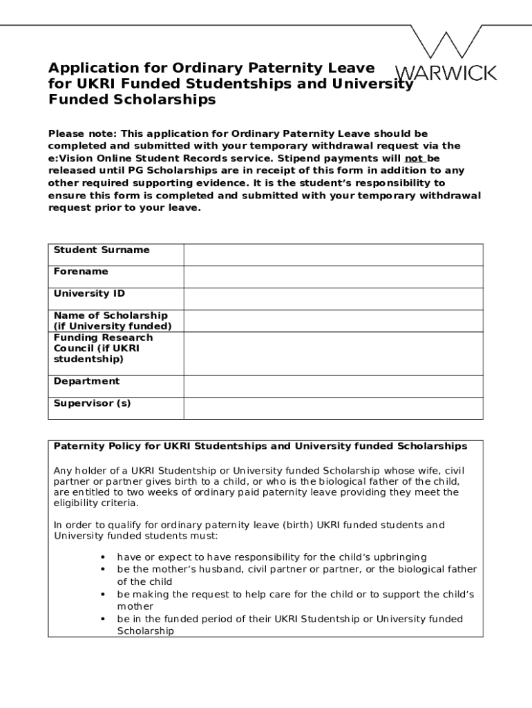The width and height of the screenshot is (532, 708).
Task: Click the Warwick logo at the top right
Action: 445,55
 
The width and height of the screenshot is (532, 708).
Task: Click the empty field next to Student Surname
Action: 333,254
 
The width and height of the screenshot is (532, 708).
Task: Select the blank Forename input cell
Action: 333,277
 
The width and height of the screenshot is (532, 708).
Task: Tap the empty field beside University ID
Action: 333,299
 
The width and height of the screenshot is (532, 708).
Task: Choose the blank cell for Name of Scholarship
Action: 333,321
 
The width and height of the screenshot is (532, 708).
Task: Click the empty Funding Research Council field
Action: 333,353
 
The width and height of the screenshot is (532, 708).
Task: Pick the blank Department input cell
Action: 333,386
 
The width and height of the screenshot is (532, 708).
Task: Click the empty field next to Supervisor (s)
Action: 333,408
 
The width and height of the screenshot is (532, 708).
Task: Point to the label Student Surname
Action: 102,250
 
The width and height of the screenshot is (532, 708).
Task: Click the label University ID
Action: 89,294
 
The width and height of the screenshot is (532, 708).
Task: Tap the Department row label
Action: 86,381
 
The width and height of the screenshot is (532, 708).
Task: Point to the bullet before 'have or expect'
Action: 103,557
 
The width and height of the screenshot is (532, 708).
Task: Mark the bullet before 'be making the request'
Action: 103,595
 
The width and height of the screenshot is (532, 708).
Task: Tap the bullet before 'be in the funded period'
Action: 103,619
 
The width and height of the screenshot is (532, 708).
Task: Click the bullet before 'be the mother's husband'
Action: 103,570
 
